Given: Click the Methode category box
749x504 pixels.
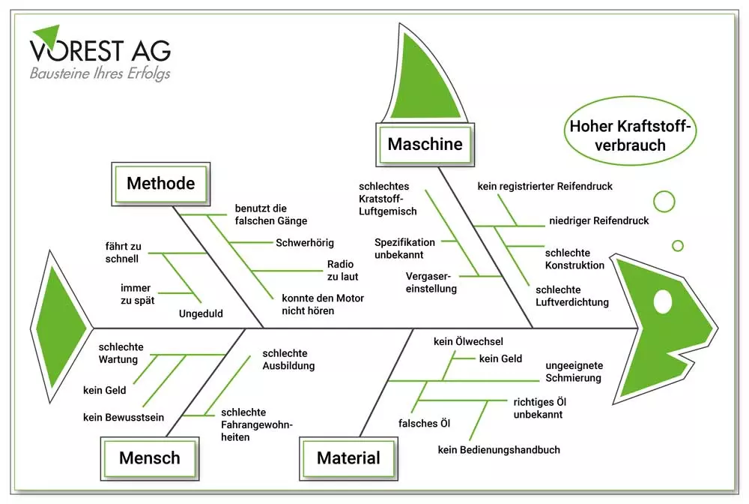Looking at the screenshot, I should coord(160,183).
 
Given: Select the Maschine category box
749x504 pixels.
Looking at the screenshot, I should coord(425,143).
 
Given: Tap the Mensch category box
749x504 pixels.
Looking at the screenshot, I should coord(149,457).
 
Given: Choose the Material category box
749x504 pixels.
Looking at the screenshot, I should coord(348,457).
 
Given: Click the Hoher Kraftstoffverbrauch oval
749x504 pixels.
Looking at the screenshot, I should coord(629,136).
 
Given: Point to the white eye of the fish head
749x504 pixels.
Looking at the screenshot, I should coord(664,301).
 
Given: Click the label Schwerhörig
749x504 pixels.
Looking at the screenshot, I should coord(305,242).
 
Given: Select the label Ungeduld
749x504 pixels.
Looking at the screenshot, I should coord(201,313).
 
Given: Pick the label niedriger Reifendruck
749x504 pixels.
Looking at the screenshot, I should coord(598,220).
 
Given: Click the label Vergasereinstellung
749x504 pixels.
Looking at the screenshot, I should coord(431,282).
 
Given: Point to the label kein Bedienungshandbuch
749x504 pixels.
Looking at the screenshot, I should coord(499,450).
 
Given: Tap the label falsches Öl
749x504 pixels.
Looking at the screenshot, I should coord(424,424).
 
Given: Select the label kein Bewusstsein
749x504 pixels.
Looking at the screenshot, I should coord(124,417).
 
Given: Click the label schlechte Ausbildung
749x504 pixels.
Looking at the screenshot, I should coord(288,360).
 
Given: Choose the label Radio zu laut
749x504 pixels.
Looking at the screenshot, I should coord(342,270).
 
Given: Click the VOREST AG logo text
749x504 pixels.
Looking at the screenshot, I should coord(101,49).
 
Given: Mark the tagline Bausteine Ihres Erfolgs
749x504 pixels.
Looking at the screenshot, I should coord(100,73).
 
